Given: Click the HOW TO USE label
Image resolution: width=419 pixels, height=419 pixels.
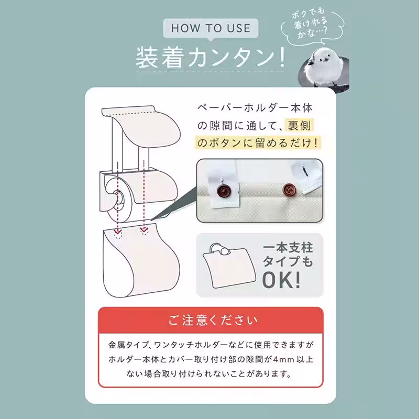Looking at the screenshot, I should [211, 27].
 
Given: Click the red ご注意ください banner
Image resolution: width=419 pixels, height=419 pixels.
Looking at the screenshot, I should [211, 320].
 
